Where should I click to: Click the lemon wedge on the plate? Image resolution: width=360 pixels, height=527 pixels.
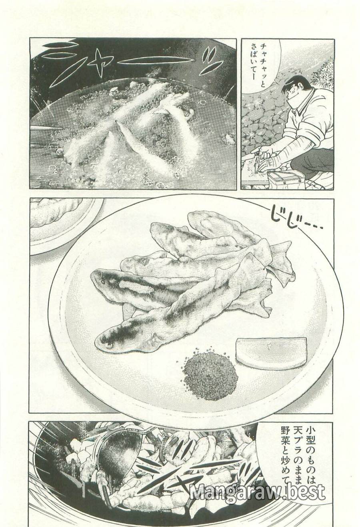(x=272, y=351)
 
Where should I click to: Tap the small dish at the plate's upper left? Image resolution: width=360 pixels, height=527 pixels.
(x=60, y=220)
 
